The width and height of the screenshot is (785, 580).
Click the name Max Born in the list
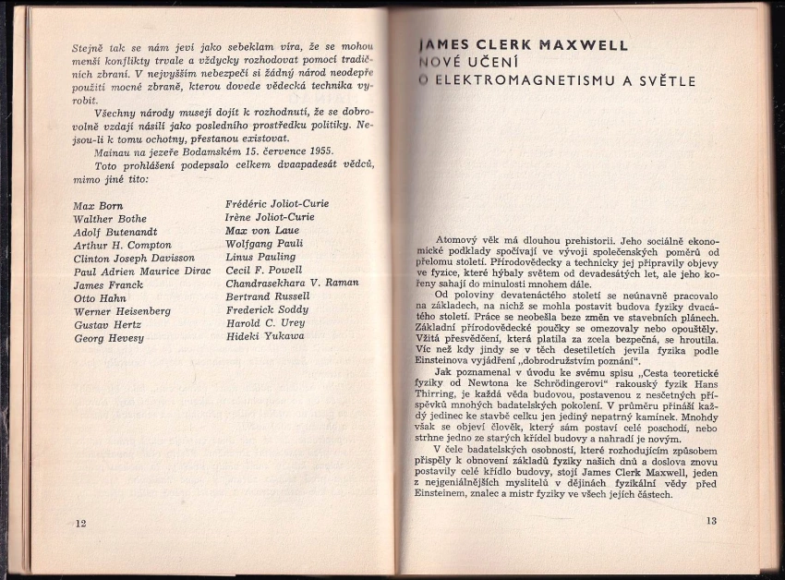coord(98,205)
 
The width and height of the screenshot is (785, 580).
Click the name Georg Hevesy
coord(109,339)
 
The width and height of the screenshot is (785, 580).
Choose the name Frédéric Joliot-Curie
coord(277,203)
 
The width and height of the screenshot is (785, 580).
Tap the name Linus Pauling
coord(261,257)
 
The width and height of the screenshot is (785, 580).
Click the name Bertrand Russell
coord(267,296)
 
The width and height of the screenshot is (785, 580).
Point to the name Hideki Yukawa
coord(265,336)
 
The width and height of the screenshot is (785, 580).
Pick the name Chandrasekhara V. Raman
coord(292,283)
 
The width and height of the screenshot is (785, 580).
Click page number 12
coord(79,524)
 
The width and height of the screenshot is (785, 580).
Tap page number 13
coord(711,521)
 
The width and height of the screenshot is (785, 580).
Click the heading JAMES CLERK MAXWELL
coord(523,44)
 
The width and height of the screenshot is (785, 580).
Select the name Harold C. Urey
coord(266,323)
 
